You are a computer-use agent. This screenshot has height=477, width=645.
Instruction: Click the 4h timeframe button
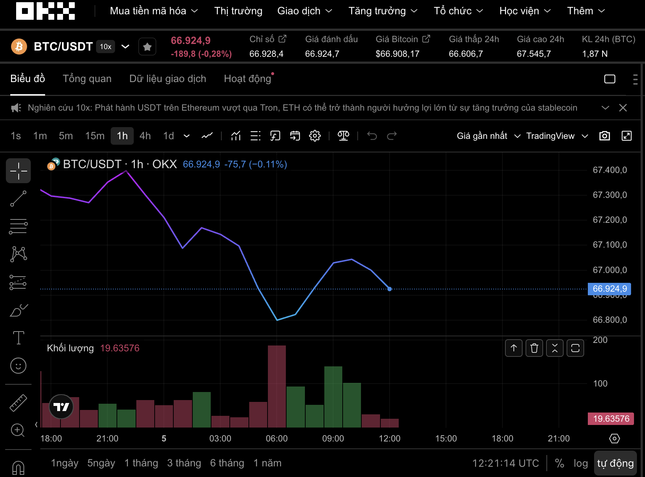pyautogui.click(x=145, y=136)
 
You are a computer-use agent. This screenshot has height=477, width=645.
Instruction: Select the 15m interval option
pyautogui.click(x=95, y=136)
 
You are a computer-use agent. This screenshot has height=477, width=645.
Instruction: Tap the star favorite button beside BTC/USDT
pyautogui.click(x=147, y=47)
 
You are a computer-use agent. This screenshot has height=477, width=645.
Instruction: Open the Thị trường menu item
pyautogui.click(x=238, y=11)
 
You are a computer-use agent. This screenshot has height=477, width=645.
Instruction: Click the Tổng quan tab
pyautogui.click(x=87, y=79)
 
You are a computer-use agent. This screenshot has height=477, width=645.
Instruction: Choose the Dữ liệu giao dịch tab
pyautogui.click(x=167, y=79)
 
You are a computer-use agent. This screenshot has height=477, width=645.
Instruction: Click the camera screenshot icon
pyautogui.click(x=604, y=136)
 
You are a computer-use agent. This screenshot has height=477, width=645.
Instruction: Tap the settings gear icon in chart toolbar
pyautogui.click(x=315, y=136)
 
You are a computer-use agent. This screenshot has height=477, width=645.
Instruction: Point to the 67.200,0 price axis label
pyautogui.click(x=610, y=220)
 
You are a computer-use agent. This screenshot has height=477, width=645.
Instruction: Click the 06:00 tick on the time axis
pyautogui.click(x=277, y=439)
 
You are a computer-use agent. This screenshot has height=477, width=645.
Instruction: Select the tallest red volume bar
pyautogui.click(x=277, y=386)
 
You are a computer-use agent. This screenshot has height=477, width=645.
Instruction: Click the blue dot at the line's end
pyautogui.click(x=390, y=289)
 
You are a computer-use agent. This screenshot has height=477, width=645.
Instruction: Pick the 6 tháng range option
pyautogui.click(x=227, y=463)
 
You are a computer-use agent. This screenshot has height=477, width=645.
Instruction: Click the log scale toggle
pyautogui.click(x=580, y=463)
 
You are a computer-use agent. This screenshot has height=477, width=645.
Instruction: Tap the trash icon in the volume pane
pyautogui.click(x=534, y=348)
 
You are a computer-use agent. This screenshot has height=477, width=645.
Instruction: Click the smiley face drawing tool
pyautogui.click(x=18, y=366)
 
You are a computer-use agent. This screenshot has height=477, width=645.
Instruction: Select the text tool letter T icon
pyautogui.click(x=18, y=337)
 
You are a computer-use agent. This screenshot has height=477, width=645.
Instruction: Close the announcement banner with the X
pyautogui.click(x=623, y=108)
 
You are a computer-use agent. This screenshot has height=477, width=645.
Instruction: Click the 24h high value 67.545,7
pyautogui.click(x=534, y=54)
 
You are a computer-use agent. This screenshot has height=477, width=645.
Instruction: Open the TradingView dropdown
pyautogui.click(x=557, y=136)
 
